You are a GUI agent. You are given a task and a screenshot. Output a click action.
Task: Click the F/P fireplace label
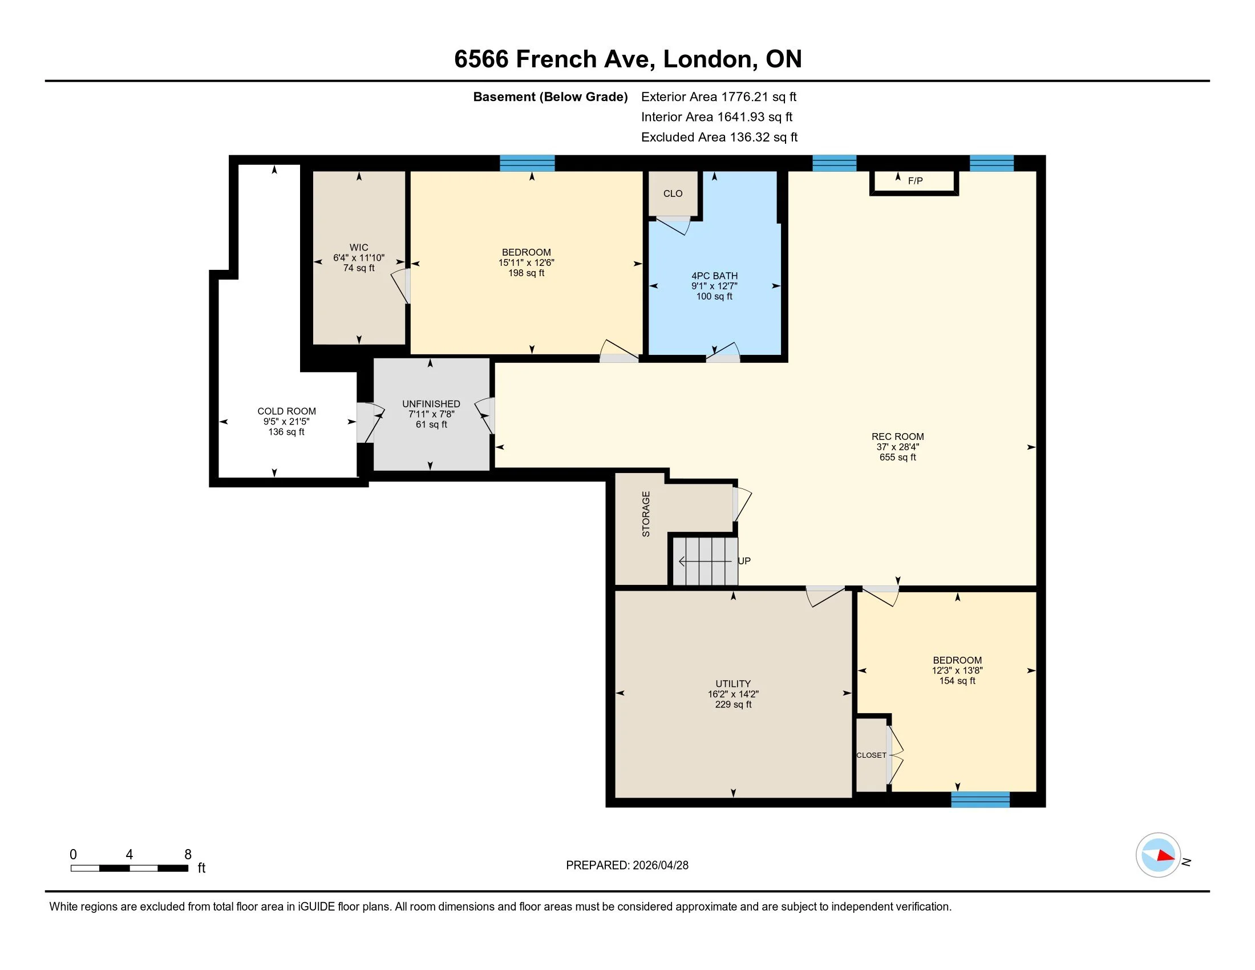[x=915, y=181]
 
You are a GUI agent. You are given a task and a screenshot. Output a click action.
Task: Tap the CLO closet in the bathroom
[x=673, y=193]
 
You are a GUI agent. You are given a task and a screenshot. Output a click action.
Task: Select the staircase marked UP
[x=705, y=561]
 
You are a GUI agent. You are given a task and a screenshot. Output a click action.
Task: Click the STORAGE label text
[x=646, y=514]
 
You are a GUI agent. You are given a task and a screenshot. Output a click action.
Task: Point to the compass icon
[x=1158, y=855]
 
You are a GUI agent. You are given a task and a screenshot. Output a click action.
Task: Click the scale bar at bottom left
[x=129, y=868]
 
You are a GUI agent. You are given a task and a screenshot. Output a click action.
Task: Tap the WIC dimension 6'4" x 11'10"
[x=359, y=258]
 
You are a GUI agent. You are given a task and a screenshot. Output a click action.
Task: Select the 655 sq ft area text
[x=897, y=458]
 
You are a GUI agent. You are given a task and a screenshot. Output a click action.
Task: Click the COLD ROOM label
[x=286, y=411]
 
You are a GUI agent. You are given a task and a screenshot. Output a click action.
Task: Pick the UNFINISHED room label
[x=431, y=404]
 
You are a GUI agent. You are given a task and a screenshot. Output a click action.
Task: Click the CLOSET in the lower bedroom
[x=871, y=755]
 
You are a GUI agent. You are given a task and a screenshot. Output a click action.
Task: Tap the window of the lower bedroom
[x=980, y=799]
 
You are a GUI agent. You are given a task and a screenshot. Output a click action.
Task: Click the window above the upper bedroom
[x=527, y=163]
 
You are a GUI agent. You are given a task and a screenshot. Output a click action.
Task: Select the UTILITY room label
[x=732, y=684]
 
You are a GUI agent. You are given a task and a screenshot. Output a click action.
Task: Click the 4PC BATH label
[x=714, y=276]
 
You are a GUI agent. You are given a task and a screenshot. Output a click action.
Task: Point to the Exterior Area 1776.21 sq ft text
[x=718, y=97]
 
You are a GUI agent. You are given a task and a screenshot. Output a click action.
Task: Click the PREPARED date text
[x=627, y=866]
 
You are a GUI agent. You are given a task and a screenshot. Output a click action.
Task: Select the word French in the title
[x=557, y=59]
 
